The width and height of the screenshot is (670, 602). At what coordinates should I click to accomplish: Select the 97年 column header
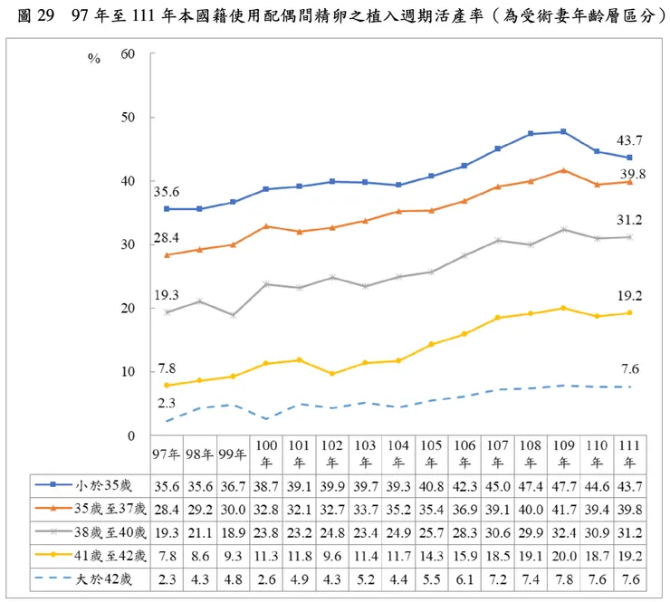pyautogui.click(x=166, y=454)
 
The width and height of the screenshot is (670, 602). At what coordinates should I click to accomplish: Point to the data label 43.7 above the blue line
pyautogui.click(x=629, y=140)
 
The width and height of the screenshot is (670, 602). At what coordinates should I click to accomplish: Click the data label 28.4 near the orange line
pyautogui.click(x=166, y=238)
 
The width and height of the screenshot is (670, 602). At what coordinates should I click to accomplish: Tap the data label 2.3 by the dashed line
pyautogui.click(x=166, y=403)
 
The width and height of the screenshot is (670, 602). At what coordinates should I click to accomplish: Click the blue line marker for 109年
pyautogui.click(x=564, y=132)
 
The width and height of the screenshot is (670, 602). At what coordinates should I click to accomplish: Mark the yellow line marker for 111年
pyautogui.click(x=629, y=313)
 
